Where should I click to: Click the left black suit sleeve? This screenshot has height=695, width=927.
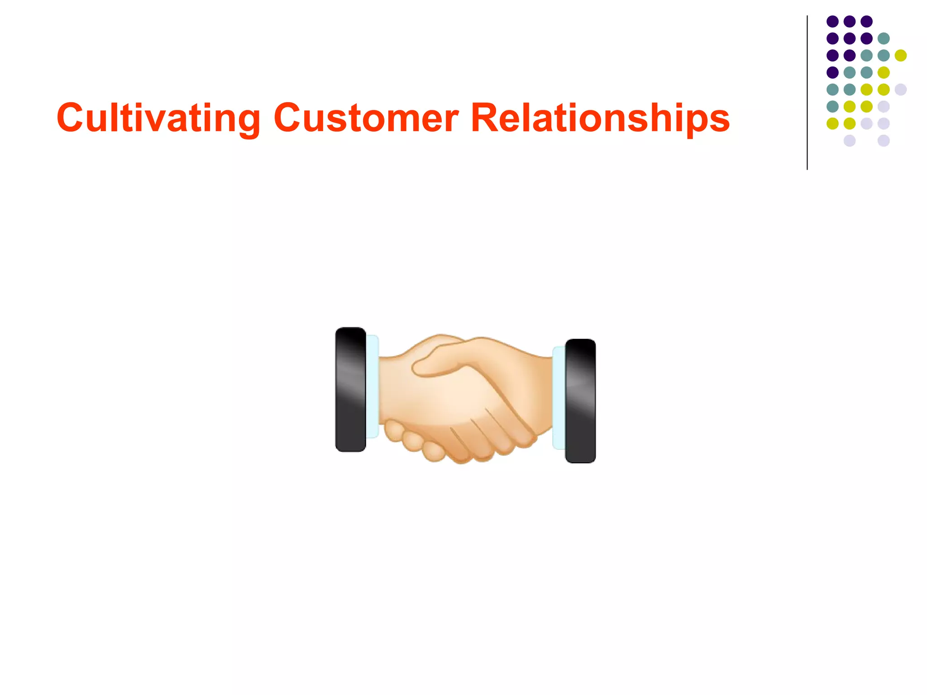[x=350, y=389]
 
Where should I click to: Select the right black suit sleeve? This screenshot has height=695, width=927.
[x=580, y=401]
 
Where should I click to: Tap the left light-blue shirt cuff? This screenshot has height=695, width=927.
[x=372, y=387]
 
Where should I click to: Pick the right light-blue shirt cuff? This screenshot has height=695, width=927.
[x=559, y=398]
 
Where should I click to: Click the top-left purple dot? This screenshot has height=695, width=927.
[x=832, y=21]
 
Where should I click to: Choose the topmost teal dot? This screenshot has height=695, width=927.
[x=884, y=38]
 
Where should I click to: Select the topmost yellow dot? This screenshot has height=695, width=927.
[x=901, y=55]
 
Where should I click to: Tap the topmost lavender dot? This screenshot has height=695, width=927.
[x=901, y=89]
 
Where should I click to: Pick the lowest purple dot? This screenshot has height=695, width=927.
[x=832, y=72]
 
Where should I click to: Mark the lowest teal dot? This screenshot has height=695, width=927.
[x=832, y=106]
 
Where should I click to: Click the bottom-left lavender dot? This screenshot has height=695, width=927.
[x=850, y=140]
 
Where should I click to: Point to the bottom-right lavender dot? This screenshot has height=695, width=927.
[x=884, y=140]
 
